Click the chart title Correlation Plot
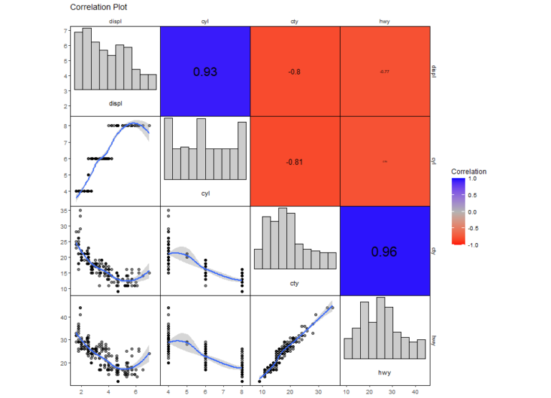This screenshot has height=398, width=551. coord(99,7)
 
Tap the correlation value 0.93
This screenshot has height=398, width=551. coord(204,72)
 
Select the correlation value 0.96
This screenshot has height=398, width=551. coord(385,252)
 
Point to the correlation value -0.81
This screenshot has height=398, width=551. coord(294,162)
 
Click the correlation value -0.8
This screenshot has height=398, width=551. coord(294,72)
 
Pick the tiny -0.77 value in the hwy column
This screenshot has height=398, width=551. coord(385,72)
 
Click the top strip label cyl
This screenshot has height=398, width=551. coord(204,22)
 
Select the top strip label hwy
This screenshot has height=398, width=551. coord(385,22)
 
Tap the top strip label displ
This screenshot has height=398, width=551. coord(115,22)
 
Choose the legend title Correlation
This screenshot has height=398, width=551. coord(468,172)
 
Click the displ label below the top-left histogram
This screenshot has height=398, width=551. coord(115,103)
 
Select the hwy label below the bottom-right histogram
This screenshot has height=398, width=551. coord(385,373)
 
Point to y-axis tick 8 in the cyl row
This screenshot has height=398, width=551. coord(66,125)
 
